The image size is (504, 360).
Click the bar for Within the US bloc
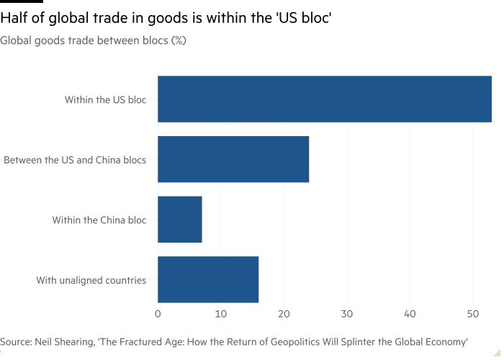pos(325,99)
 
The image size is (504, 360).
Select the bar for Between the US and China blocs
pos(233,159)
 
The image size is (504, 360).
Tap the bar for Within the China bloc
pos(180,219)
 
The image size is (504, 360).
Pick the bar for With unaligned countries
pos(208,279)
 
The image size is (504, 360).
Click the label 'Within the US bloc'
pos(105,99)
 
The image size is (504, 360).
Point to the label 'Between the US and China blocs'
pos(76,159)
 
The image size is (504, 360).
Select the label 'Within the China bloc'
pos(99,219)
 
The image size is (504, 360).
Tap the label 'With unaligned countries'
pos(91,279)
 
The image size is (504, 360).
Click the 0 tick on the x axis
pos(158,314)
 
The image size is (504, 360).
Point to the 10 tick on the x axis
pos(220,314)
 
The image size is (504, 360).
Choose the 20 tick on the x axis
pos(284,314)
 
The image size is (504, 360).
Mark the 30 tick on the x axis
pos(347,314)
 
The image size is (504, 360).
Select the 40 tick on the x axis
pos(410,314)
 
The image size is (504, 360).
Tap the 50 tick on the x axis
pos(473,314)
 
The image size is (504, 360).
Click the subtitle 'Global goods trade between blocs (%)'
pos(94,41)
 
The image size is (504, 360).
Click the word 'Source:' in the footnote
pos(15,341)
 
